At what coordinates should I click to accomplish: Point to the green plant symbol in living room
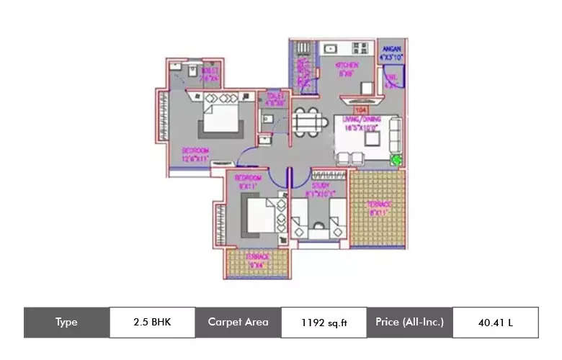click(x=395, y=160)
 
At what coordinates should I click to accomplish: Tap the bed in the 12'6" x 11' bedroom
click(x=221, y=116)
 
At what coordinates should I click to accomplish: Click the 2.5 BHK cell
click(x=152, y=322)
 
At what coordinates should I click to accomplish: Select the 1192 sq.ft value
click(x=324, y=322)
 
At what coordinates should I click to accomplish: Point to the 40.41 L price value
click(x=495, y=322)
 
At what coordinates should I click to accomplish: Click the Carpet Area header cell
click(x=237, y=322)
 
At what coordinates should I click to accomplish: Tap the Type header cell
click(x=66, y=322)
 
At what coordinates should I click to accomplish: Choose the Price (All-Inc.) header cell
click(x=409, y=322)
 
